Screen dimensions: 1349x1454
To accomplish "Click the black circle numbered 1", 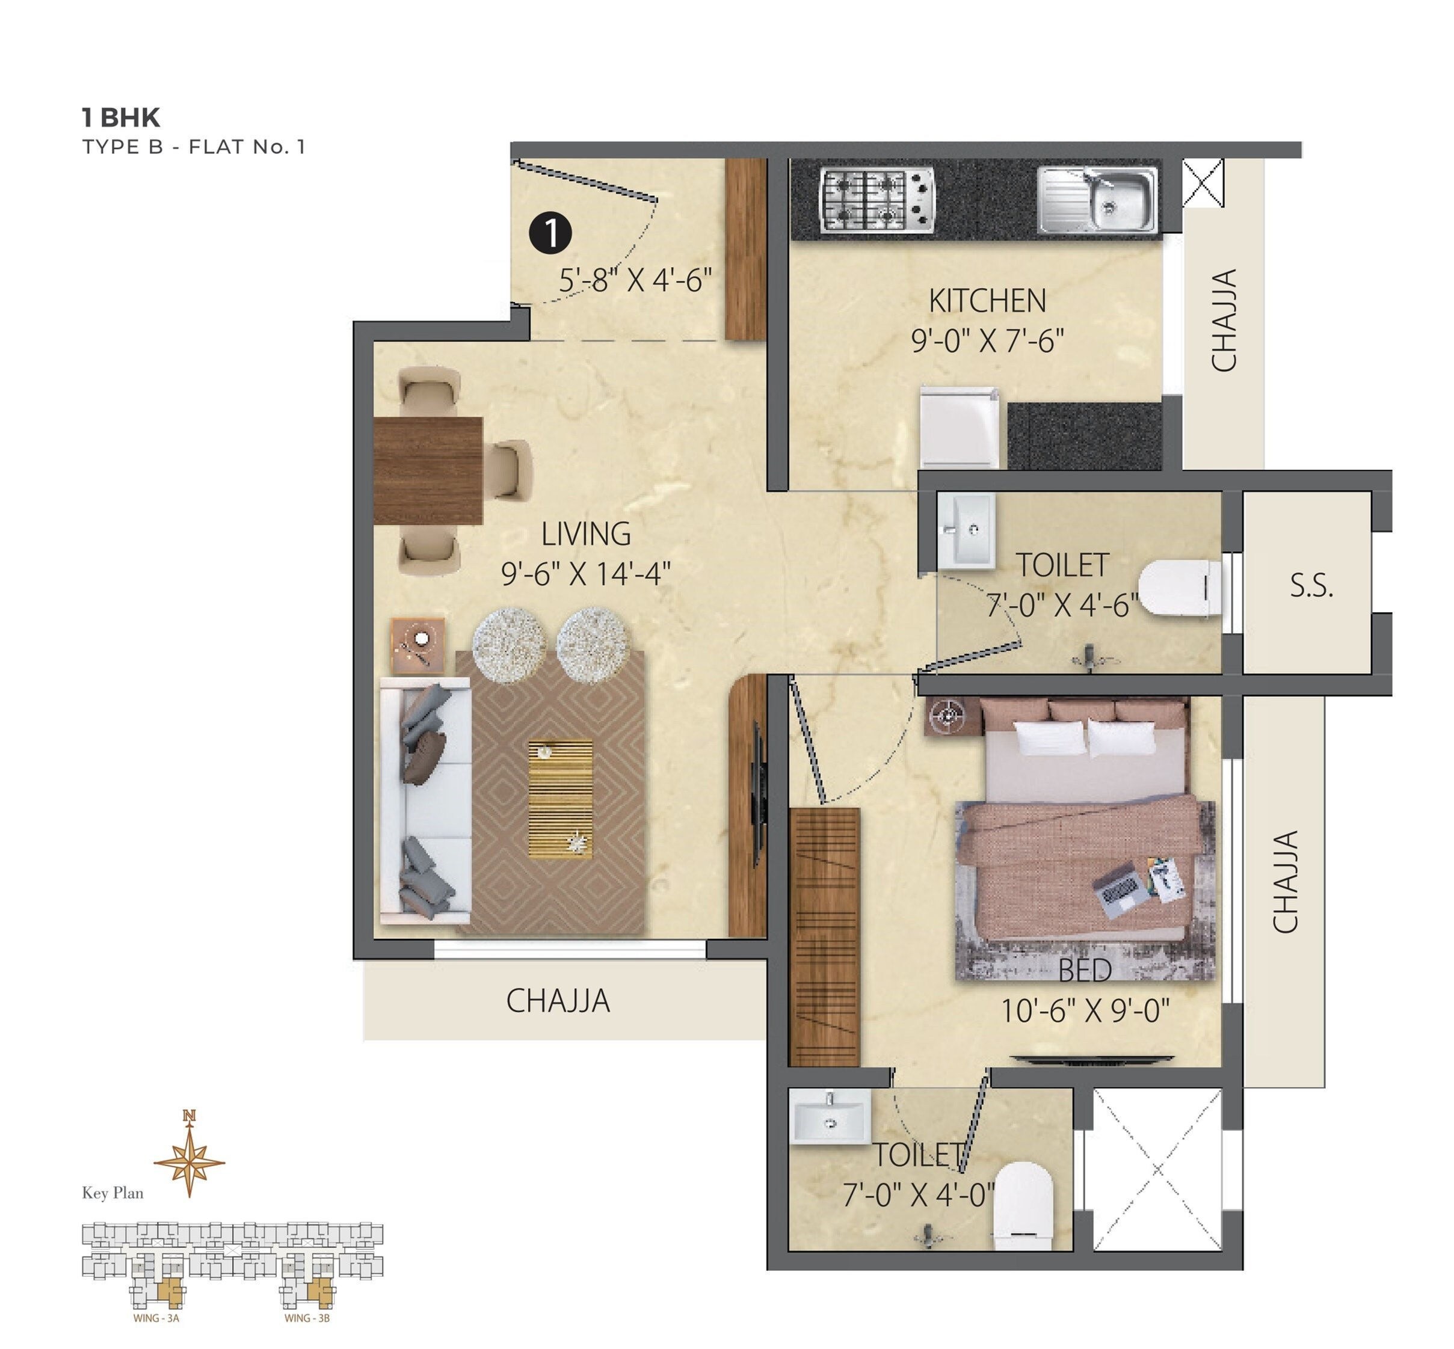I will pyautogui.click(x=550, y=233).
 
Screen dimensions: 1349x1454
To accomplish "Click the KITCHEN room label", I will pyautogui.click(x=987, y=301).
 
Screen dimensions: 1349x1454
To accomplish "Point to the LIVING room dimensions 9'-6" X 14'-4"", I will pyautogui.click(x=586, y=574).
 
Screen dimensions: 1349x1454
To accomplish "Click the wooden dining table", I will pyautogui.click(x=428, y=470).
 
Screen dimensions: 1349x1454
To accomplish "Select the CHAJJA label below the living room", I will pyautogui.click(x=558, y=1001).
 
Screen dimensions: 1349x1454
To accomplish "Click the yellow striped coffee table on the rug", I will pyautogui.click(x=560, y=799).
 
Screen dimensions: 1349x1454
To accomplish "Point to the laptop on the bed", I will pyautogui.click(x=1120, y=889).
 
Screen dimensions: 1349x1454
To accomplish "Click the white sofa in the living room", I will pyautogui.click(x=426, y=800).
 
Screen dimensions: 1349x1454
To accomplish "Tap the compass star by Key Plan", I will pyautogui.click(x=189, y=1161).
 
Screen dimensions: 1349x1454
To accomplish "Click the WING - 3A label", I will pyautogui.click(x=156, y=1318).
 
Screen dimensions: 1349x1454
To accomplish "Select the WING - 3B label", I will pyautogui.click(x=307, y=1318).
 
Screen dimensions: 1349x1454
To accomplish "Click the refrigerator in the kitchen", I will pyautogui.click(x=959, y=428).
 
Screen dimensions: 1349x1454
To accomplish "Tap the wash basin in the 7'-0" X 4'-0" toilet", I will pyautogui.click(x=830, y=1116).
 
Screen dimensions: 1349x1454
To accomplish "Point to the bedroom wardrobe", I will pyautogui.click(x=825, y=936).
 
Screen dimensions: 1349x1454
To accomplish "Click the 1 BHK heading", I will pyautogui.click(x=120, y=117).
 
